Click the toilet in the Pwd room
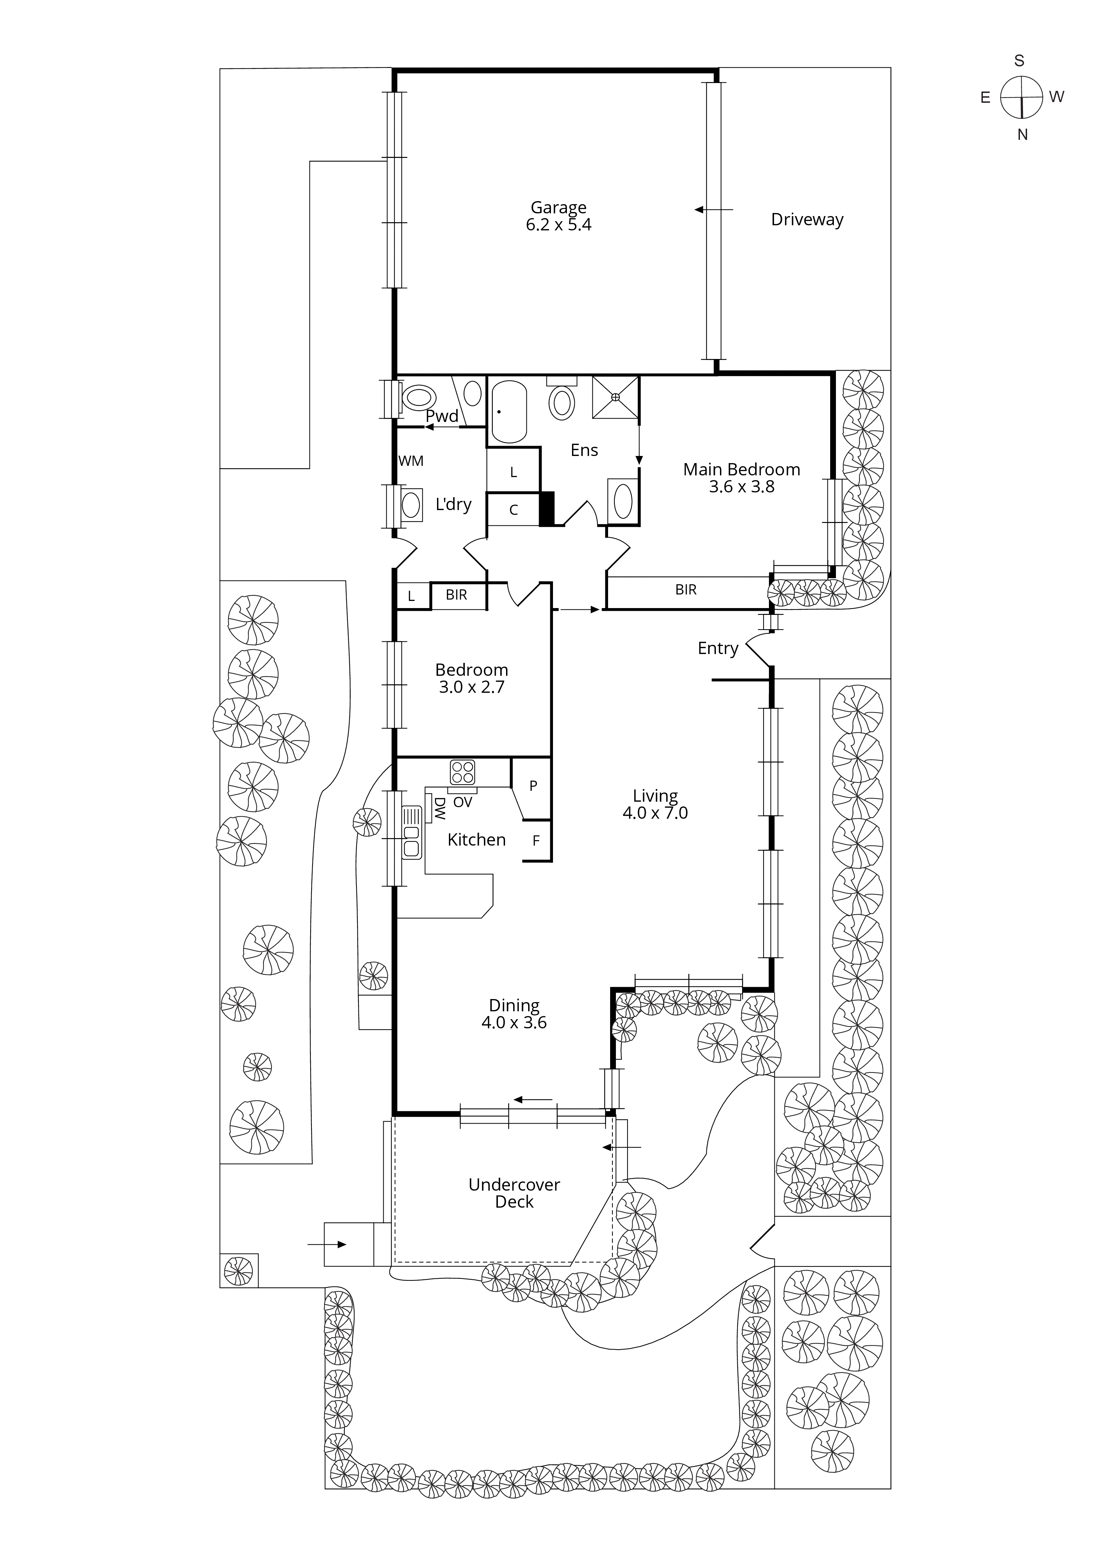pos(419,397)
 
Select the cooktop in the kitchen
pos(462,772)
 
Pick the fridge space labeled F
pos(536,841)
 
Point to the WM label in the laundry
pos(411,461)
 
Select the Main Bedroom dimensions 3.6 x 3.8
pos(741,487)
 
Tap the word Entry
pos(718,648)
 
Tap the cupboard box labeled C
pos(514,509)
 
